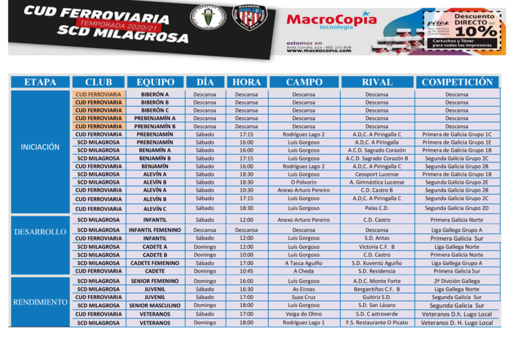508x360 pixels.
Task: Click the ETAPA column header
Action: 41,82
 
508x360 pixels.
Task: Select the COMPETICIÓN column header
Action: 457,82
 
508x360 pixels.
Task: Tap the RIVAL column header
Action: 377,82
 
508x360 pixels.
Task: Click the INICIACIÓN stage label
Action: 41,146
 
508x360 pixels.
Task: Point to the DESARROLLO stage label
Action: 41,232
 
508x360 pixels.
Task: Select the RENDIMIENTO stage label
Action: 41,302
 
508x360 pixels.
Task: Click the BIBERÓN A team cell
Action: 155,94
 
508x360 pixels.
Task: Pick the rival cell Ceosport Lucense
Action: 377,174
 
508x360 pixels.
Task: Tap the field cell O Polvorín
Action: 303,182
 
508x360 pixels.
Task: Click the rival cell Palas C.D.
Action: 377,207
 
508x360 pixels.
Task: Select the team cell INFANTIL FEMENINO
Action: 155,230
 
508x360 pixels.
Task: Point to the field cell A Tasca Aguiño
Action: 303,263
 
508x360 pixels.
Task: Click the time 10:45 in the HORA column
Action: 247,271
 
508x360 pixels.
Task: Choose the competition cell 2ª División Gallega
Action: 457,281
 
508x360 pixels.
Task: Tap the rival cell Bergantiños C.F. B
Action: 377,289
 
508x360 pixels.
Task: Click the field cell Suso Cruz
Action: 303,297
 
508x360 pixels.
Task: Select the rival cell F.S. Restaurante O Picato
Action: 377,323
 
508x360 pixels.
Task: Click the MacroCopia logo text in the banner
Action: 331,20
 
